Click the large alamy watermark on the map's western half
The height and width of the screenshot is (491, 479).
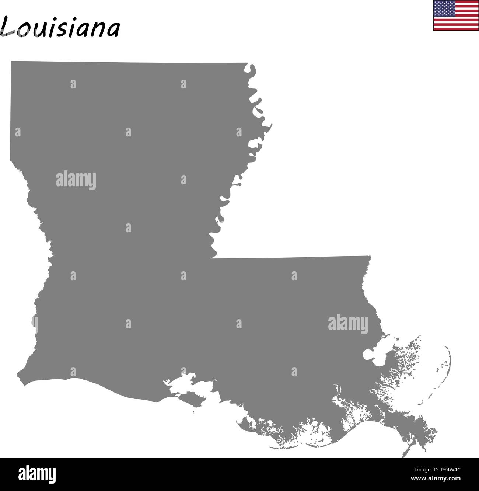[x=76, y=180]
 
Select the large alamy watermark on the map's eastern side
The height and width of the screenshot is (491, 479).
[x=348, y=324]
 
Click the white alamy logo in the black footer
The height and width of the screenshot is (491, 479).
[x=37, y=474]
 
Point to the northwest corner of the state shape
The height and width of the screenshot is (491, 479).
[x=11, y=62]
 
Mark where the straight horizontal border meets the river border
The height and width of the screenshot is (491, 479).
[x=211, y=258]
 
